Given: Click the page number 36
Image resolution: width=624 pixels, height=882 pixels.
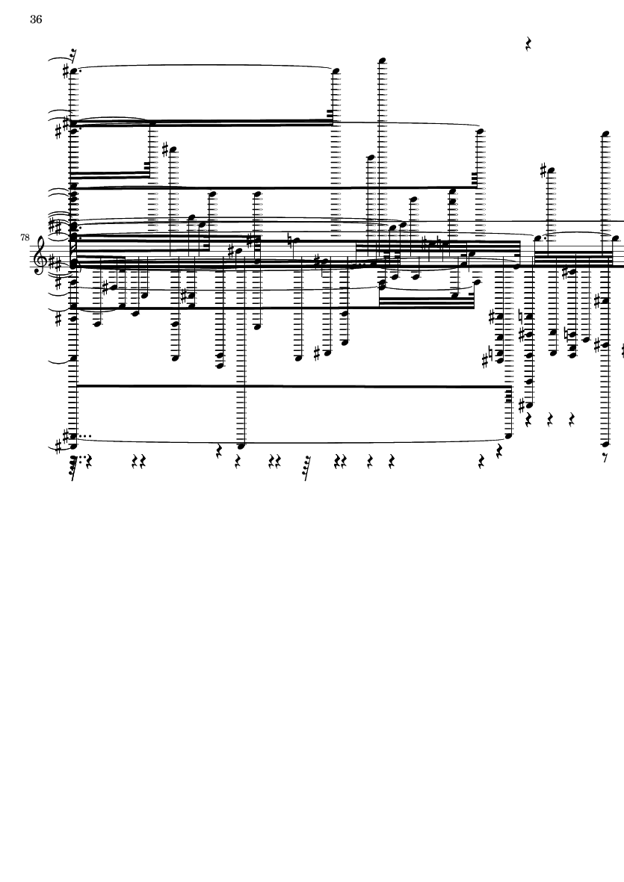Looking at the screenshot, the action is [x=36, y=19].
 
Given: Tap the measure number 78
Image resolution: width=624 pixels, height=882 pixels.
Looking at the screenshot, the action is [x=25, y=238].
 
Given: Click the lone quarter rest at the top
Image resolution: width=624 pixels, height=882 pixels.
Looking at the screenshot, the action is [x=528, y=44].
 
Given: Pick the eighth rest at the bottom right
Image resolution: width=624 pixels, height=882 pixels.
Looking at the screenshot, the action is [x=605, y=458].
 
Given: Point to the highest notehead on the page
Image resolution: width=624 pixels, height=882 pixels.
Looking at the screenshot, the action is [x=383, y=60].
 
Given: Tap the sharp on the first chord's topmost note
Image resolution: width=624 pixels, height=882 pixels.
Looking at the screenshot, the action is [x=67, y=72].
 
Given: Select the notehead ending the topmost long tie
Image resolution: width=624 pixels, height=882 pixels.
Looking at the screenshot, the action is [x=336, y=72].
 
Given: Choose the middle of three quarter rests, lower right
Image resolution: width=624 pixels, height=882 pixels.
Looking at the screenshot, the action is [x=550, y=418].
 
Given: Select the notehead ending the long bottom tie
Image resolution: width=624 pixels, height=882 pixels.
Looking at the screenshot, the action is [x=509, y=435].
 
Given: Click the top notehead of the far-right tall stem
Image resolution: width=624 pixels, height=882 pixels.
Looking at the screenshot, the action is [x=605, y=134].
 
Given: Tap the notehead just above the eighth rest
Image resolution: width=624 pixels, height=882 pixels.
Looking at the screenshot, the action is [x=605, y=443].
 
